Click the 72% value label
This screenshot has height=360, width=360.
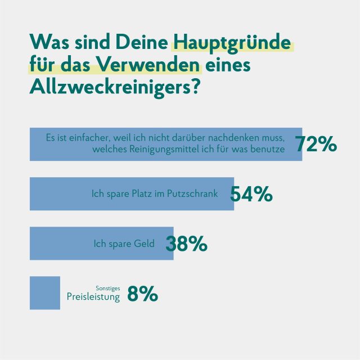point(316,145)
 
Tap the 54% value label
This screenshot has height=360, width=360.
point(251,194)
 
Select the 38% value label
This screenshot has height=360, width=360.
point(187,244)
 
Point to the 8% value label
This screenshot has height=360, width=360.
point(143,294)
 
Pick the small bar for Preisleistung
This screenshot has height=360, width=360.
point(44,293)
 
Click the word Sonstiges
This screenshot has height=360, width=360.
point(108,288)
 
